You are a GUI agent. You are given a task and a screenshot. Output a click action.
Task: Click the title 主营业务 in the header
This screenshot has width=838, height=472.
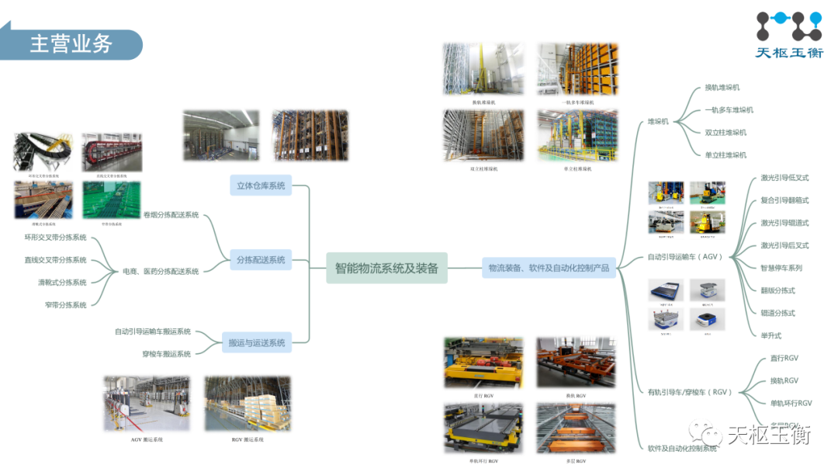coord(71,44)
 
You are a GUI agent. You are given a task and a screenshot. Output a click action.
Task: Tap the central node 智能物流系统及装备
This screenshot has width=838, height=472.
coord(386,269)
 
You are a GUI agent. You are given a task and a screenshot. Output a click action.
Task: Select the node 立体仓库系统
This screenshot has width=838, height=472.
coord(261,186)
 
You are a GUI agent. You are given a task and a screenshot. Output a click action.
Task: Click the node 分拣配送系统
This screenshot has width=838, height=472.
coord(261,260)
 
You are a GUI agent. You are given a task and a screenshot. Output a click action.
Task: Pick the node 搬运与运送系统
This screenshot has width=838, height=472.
coord(256,342)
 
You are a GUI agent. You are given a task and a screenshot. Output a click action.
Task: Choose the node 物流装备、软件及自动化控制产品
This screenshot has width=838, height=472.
coord(549,269)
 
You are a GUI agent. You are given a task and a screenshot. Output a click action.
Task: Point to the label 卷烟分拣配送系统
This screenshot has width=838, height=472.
coord(171,215)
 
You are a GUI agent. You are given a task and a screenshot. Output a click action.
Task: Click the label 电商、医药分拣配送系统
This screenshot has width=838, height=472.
coord(161,272)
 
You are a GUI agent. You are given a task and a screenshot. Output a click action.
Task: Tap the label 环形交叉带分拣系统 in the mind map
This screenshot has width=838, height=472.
coord(55,238)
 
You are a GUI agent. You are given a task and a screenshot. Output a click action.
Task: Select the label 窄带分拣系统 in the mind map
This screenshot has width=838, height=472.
coord(65,305)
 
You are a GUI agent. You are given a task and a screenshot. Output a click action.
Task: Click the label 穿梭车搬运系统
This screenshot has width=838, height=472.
coord(166,354)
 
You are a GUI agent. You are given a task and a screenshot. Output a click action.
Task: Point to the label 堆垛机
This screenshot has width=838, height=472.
coord(658,122)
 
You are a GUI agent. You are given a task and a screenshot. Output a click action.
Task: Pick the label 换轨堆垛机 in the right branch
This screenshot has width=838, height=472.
coord(722,88)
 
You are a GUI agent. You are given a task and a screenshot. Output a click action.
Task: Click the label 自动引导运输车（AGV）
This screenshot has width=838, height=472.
coord(685,257)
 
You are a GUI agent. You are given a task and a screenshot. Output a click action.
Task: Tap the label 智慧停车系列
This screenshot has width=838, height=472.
coord(781,268)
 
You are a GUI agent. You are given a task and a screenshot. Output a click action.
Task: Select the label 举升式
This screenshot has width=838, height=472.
coord(770,335)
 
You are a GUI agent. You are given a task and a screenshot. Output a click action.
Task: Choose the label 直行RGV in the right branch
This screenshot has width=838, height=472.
coord(784,358)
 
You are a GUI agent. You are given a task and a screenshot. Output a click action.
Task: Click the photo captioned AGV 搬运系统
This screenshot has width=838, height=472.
coord(147,404)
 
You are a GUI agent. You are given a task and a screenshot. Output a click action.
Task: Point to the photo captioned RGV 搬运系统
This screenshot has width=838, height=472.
coord(248,404)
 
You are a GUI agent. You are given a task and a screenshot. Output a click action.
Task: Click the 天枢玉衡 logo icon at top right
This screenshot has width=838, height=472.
coord(788,26)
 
